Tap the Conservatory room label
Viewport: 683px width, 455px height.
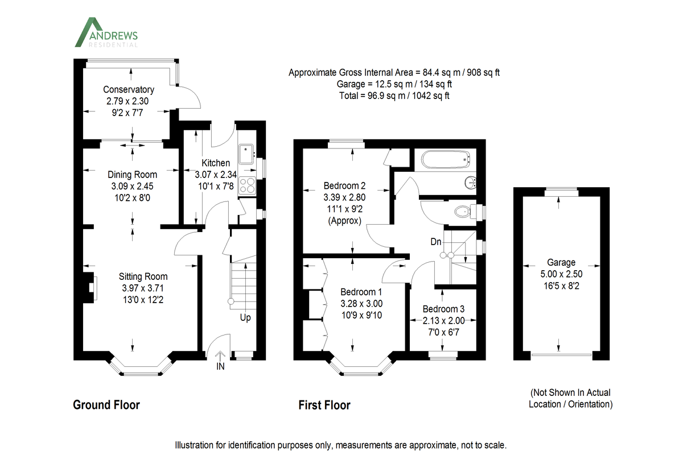(x=129, y=89)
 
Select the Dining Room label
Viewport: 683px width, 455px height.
(x=133, y=175)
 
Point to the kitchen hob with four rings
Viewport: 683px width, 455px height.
(x=248, y=184)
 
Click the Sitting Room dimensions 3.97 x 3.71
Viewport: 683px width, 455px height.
(x=143, y=288)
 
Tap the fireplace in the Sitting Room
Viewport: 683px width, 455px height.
(x=89, y=286)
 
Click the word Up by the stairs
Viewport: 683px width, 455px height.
(x=245, y=317)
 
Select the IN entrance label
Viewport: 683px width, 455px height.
(x=220, y=367)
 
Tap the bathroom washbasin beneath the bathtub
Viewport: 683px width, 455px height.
(x=470, y=183)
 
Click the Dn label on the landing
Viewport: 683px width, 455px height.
(x=436, y=242)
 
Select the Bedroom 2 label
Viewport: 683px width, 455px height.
(x=344, y=185)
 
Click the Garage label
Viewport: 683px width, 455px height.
(x=561, y=262)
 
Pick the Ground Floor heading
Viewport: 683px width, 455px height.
(x=106, y=405)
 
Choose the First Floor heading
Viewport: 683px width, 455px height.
(x=324, y=405)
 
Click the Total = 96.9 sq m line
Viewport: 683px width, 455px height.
(x=394, y=96)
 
